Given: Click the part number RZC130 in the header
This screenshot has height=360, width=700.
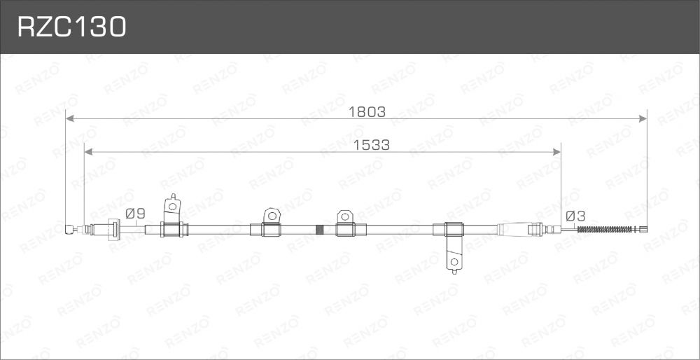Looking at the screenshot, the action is (72, 27).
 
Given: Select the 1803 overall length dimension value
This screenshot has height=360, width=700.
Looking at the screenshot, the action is (367, 111).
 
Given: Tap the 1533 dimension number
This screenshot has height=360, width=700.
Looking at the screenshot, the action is (372, 145).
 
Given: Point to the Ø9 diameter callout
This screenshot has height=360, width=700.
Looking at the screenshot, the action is (135, 214).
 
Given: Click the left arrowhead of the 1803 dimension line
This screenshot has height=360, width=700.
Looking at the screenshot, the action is (69, 118).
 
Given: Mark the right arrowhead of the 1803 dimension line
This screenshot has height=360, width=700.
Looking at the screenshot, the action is (643, 118).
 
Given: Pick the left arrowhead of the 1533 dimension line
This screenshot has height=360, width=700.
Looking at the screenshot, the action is (88, 152).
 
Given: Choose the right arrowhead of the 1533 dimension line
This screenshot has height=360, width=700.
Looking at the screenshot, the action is (556, 152).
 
